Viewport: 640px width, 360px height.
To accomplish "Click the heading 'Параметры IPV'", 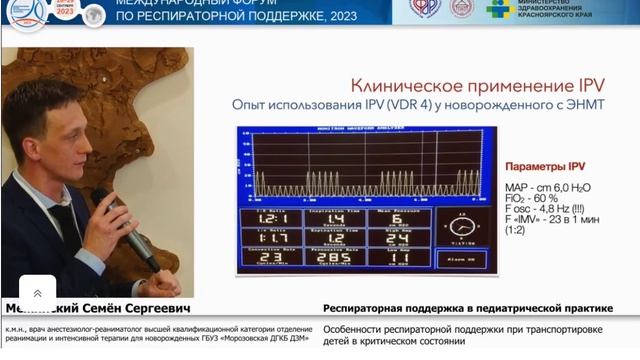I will point(541,165).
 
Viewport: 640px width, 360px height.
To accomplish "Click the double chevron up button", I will point(38,293).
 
